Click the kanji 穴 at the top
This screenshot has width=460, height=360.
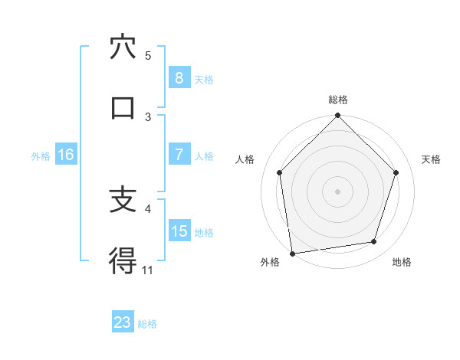pyautogui.click(x=123, y=47)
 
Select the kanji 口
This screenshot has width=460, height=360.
pyautogui.click(x=123, y=107)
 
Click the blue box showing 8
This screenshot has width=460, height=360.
pyautogui.click(x=179, y=77)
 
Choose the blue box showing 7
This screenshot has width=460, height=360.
pyautogui.click(x=179, y=154)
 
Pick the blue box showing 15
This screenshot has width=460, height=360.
pyautogui.click(x=179, y=231)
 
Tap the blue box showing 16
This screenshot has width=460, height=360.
pyautogui.click(x=66, y=155)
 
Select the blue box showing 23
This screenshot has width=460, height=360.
pyautogui.click(x=123, y=322)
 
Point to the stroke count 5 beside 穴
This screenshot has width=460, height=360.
pyautogui.click(x=148, y=55)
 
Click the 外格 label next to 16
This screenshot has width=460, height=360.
pyautogui.click(x=41, y=155)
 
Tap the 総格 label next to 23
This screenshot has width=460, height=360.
pyautogui.click(x=147, y=323)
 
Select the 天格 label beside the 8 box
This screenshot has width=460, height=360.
pyautogui.click(x=204, y=78)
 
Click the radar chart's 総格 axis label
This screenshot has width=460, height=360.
pyautogui.click(x=338, y=100)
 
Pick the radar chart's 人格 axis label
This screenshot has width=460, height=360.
pyautogui.click(x=245, y=159)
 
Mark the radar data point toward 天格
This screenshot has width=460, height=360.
pyautogui.click(x=396, y=172)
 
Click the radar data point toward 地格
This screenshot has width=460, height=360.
pyautogui.click(x=374, y=242)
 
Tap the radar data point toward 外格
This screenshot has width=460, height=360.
pyautogui.click(x=292, y=253)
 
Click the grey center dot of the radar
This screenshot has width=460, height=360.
pyautogui.click(x=338, y=191)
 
